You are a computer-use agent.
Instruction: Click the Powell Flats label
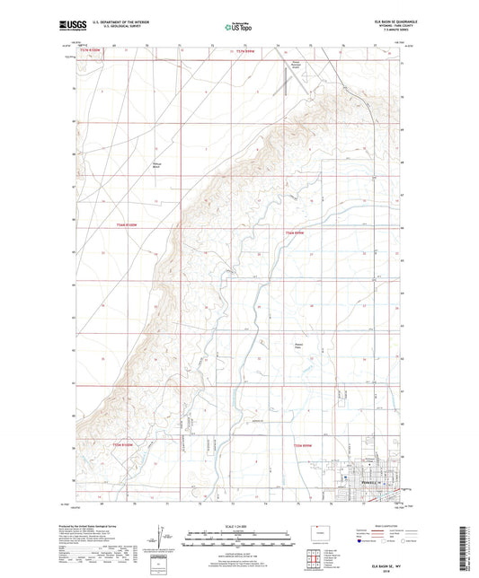click(300, 346)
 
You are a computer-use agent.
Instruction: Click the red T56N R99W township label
click(296, 232)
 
